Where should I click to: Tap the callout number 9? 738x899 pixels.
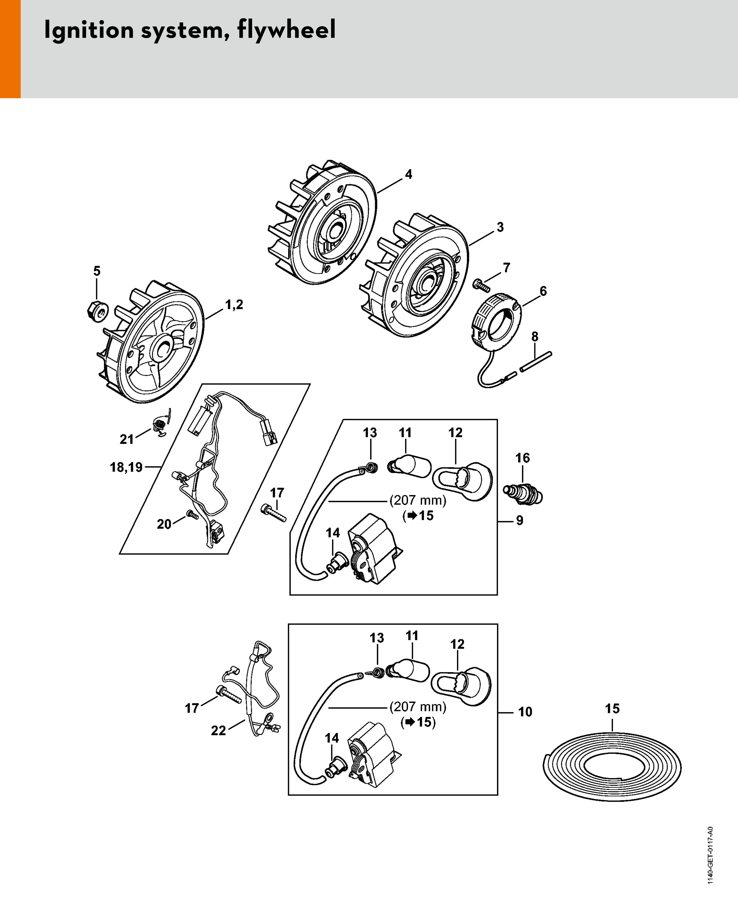click(519, 520)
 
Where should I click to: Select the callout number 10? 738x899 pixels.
click(525, 712)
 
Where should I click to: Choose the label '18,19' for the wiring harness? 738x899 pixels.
click(126, 467)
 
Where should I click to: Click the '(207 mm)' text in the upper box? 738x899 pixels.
click(418, 500)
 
